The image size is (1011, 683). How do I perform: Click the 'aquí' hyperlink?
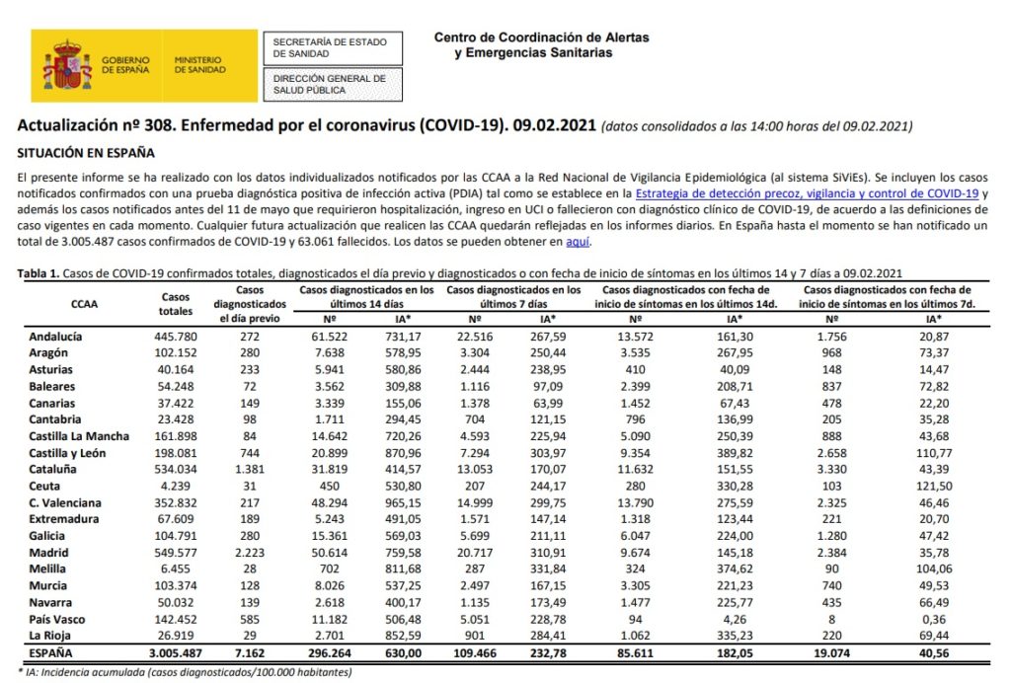pyautogui.click(x=580, y=241)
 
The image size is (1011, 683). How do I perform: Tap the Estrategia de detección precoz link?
pyautogui.click(x=806, y=193)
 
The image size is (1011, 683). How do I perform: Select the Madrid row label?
pyautogui.click(x=50, y=553)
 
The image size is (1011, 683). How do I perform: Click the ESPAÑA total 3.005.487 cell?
pyautogui.click(x=175, y=653)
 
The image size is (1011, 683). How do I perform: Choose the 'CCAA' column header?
pyautogui.click(x=84, y=304)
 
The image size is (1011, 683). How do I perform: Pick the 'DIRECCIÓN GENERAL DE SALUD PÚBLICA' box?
pyautogui.click(x=329, y=84)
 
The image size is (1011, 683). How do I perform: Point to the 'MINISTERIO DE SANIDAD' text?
pyautogui.click(x=199, y=65)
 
